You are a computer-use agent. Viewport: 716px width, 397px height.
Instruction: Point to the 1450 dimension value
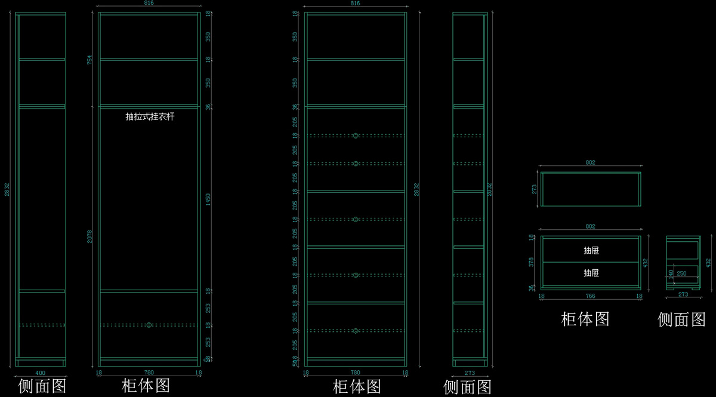208,199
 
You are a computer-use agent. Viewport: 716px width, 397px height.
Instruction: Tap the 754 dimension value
90,60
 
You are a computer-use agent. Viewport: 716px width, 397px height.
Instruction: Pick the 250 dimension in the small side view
681,273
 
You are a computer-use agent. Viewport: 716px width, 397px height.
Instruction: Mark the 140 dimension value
671,274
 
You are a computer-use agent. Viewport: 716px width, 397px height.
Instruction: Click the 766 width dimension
590,296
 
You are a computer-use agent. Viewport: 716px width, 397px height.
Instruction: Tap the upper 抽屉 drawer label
591,251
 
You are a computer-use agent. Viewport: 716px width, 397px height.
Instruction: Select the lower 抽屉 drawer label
591,273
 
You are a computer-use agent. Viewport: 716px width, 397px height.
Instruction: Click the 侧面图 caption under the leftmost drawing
42,386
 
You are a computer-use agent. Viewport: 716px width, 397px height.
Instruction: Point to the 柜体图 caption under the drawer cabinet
585,319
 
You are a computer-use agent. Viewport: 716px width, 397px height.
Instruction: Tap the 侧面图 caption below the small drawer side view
681,320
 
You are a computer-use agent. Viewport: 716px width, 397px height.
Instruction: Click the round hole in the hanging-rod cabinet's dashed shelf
149,325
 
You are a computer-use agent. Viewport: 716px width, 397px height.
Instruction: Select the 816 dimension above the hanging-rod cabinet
149,3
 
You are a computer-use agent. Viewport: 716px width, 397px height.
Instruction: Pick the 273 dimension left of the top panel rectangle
535,189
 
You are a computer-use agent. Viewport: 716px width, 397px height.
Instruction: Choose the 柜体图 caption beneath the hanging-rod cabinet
146,386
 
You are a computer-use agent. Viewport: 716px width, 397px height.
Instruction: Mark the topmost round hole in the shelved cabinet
356,136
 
